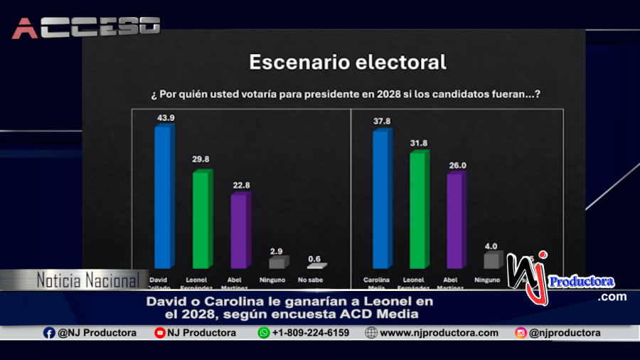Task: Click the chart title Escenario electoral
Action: [347, 63]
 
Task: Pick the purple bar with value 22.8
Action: [240, 231]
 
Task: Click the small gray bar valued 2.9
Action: [277, 263]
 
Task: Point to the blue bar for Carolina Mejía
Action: [382, 199]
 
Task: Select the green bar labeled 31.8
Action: [419, 210]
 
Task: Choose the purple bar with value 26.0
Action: [455, 221]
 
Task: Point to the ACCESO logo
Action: [85, 27]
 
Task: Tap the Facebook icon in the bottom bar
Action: [49, 333]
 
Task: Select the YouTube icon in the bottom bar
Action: [160, 333]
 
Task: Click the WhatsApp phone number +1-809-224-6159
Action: [310, 333]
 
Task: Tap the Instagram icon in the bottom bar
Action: [521, 333]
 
